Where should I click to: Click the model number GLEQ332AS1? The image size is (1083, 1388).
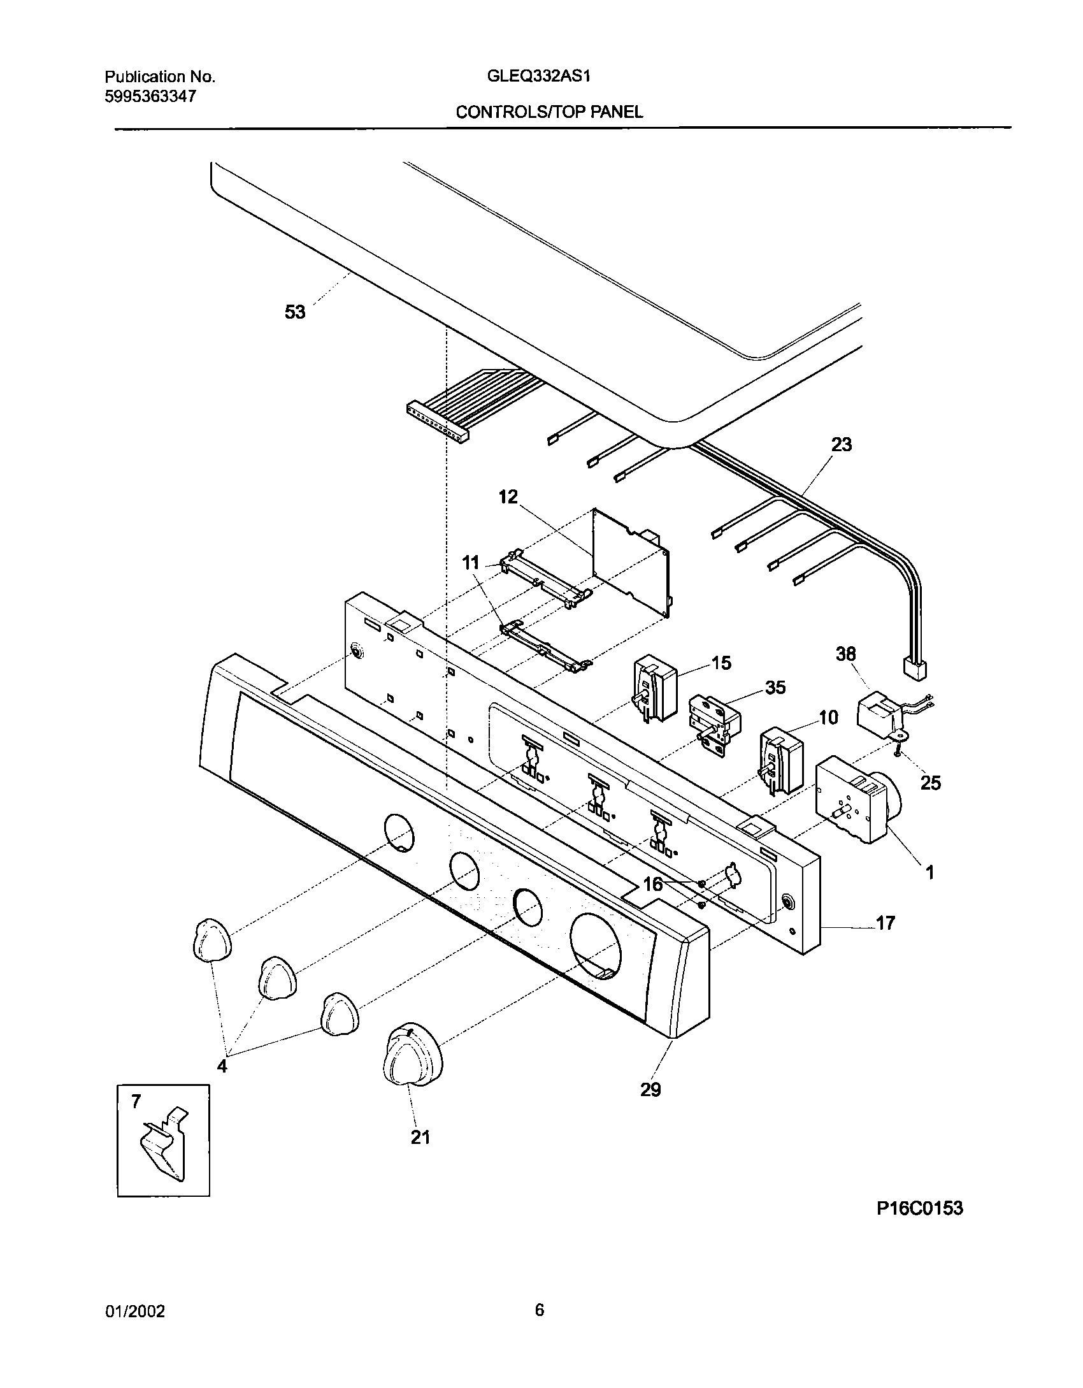[539, 77]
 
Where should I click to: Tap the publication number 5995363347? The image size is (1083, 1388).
[150, 97]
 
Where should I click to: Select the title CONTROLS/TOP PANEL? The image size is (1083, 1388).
[549, 113]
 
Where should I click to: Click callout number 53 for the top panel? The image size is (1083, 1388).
[295, 312]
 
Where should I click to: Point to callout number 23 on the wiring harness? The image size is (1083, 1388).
[841, 444]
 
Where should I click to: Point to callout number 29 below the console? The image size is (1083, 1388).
[650, 1090]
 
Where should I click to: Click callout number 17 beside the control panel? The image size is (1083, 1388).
[886, 922]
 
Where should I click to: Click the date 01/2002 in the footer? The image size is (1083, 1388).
[134, 1312]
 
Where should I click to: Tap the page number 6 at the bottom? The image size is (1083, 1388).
[539, 1310]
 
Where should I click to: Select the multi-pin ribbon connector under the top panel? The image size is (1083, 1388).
[437, 423]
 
